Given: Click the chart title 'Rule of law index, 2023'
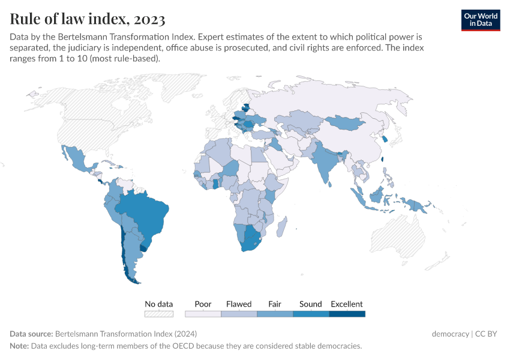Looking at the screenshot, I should (x=88, y=19).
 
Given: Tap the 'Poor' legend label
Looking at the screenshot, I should (x=203, y=304).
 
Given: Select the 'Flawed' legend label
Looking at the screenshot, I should (x=239, y=304).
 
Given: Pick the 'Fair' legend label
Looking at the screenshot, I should (x=275, y=304).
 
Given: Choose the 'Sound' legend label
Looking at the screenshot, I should (x=311, y=304).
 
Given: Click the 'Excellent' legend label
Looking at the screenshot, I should (x=347, y=304).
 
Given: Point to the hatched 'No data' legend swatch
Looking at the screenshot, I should (x=159, y=313).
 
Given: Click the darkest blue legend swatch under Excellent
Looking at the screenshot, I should (x=347, y=313).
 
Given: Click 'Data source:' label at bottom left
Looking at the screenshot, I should (x=31, y=334).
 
